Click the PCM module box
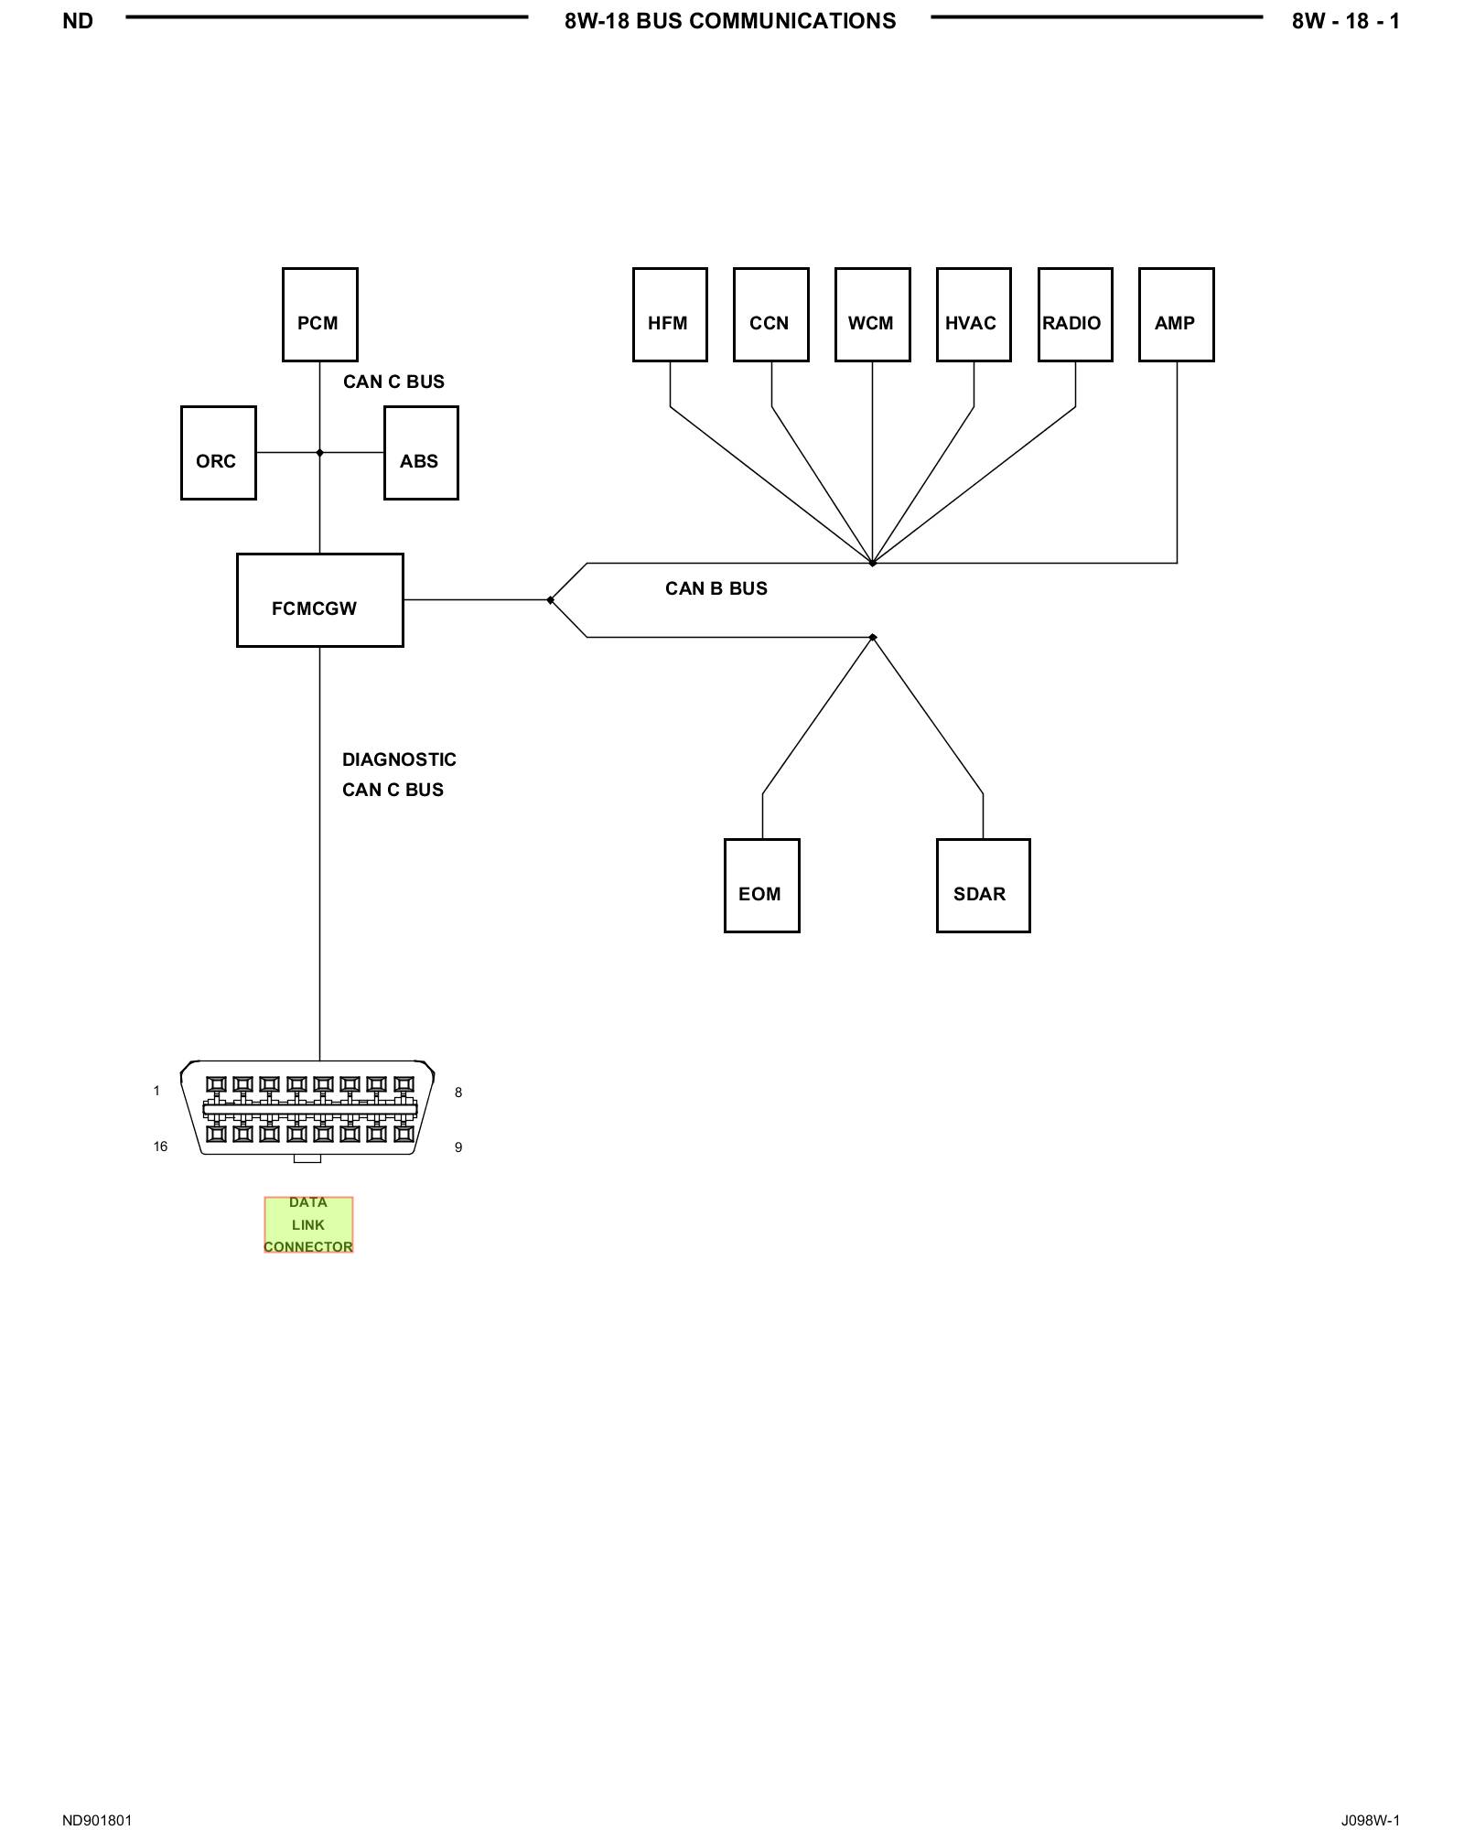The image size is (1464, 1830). tap(319, 315)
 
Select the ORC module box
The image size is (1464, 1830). tap(219, 453)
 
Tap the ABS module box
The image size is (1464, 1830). tap(421, 453)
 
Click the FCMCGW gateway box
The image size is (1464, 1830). tap(320, 600)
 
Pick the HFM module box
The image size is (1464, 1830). tap(670, 315)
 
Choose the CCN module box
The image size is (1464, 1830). tap(771, 315)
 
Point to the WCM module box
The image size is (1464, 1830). tap(873, 315)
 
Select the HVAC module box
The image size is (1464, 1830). tap(974, 315)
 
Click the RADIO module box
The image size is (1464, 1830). tap(1075, 315)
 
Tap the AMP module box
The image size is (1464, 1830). tap(1177, 315)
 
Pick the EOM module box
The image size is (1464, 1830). tap(762, 886)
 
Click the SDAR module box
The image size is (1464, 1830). tap(984, 886)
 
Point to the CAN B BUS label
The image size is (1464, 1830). tap(716, 588)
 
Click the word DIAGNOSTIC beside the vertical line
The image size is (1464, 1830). tap(399, 759)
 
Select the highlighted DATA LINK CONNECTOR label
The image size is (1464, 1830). tap(308, 1224)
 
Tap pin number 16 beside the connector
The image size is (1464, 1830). tap(160, 1146)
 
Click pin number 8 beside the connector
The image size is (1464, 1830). tap(458, 1093)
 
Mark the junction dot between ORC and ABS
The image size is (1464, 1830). tap(319, 453)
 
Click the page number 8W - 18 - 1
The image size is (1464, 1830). tap(1346, 21)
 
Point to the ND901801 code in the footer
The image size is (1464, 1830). tap(97, 1820)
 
